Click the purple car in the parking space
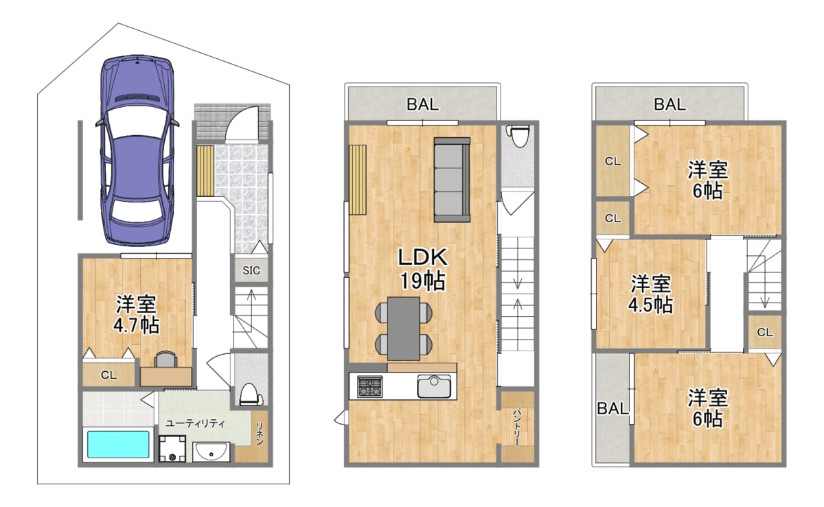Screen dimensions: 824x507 [137, 151]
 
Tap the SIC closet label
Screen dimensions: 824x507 [251, 270]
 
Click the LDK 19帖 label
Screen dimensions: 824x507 [423, 269]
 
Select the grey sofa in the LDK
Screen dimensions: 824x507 [452, 180]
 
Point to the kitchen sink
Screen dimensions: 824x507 [434, 386]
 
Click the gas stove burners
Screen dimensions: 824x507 [369, 387]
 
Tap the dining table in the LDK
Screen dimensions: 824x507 [404, 329]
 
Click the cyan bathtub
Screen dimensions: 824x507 [118, 445]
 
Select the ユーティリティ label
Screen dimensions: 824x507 [195, 423]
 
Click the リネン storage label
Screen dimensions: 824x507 [260, 434]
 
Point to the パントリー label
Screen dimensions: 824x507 [518, 428]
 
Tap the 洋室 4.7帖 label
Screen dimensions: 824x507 [137, 314]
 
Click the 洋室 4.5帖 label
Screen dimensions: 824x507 [651, 294]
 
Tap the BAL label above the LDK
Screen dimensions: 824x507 [423, 104]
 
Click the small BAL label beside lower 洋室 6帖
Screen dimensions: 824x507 [612, 408]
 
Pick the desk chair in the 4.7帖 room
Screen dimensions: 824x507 [165, 359]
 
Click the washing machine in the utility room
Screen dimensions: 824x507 [172, 449]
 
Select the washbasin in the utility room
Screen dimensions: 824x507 [211, 452]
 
